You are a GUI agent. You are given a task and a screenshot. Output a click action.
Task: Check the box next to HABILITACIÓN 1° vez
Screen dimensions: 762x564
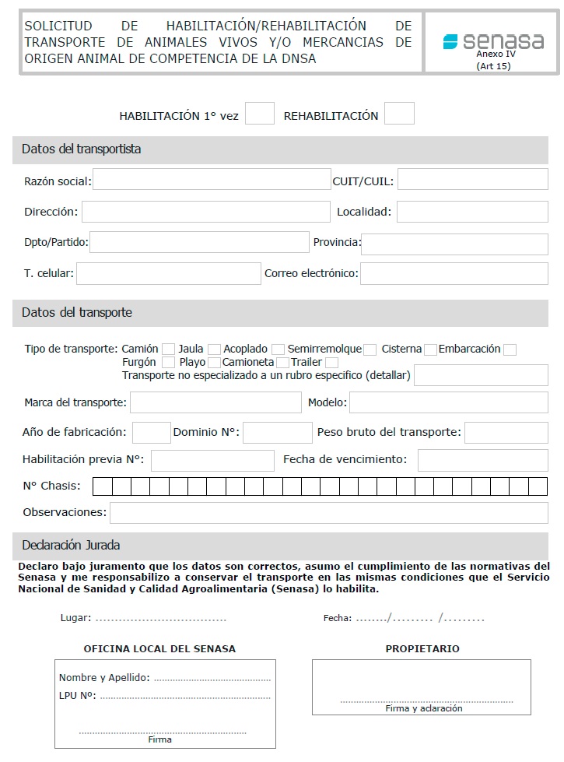pos(260,114)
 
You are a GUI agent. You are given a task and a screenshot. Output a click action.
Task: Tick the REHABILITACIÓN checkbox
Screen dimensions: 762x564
pos(399,114)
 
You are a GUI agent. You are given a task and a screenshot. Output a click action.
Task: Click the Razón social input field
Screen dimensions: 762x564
pos(212,180)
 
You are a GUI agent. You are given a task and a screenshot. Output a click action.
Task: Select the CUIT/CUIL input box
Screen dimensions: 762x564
pos(473,180)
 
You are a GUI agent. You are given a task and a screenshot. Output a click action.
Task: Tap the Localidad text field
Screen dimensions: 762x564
pos(473,211)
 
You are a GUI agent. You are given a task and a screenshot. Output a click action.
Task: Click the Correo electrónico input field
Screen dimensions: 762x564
pos(454,273)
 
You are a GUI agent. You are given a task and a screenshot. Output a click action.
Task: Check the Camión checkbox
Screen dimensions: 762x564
pos(168,349)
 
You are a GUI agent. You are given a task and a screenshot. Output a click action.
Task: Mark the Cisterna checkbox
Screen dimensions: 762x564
pos(431,349)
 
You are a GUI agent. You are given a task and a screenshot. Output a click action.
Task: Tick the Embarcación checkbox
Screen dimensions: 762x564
pos(510,349)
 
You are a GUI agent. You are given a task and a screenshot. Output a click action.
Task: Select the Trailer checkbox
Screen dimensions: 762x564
pos(332,363)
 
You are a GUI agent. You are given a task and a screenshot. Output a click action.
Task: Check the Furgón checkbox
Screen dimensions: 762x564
pos(168,363)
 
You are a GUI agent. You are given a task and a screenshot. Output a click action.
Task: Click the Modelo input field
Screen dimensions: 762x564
pos(448,402)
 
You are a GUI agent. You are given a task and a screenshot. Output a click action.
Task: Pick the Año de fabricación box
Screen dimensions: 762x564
pos(151,432)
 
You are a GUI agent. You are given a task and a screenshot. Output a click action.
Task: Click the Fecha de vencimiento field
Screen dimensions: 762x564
pos(482,460)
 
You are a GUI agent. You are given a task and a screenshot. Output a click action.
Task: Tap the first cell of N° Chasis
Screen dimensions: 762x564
pos(102,487)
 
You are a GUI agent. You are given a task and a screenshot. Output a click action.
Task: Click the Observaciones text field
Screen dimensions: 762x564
pos(328,513)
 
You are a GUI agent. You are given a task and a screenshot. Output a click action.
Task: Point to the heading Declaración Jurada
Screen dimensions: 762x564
pos(71,545)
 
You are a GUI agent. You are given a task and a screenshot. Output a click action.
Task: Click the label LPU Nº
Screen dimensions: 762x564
pos(77,695)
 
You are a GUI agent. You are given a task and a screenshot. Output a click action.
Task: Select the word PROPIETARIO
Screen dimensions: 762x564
pos(422,648)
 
